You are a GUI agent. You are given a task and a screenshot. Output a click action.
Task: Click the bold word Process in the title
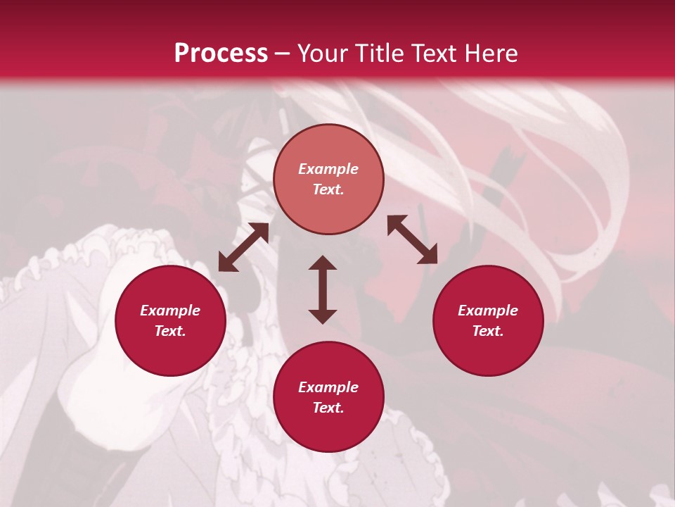click(221, 54)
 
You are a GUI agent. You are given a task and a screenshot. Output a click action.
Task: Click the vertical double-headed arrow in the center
click(323, 289)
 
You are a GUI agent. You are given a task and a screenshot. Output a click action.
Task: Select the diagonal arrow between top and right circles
click(412, 239)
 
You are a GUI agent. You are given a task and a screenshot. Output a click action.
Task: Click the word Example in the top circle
click(328, 169)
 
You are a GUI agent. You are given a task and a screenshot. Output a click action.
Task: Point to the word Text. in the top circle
click(328, 189)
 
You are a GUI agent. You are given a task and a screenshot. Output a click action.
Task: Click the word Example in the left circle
click(170, 311)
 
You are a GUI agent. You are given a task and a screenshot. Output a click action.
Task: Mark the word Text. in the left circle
click(170, 331)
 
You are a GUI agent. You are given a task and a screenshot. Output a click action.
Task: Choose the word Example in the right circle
click(488, 311)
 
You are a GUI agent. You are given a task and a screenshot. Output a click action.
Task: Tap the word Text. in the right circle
click(488, 331)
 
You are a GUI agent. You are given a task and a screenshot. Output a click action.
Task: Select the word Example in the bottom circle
click(328, 387)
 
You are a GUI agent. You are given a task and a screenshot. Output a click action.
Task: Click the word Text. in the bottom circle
click(328, 408)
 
